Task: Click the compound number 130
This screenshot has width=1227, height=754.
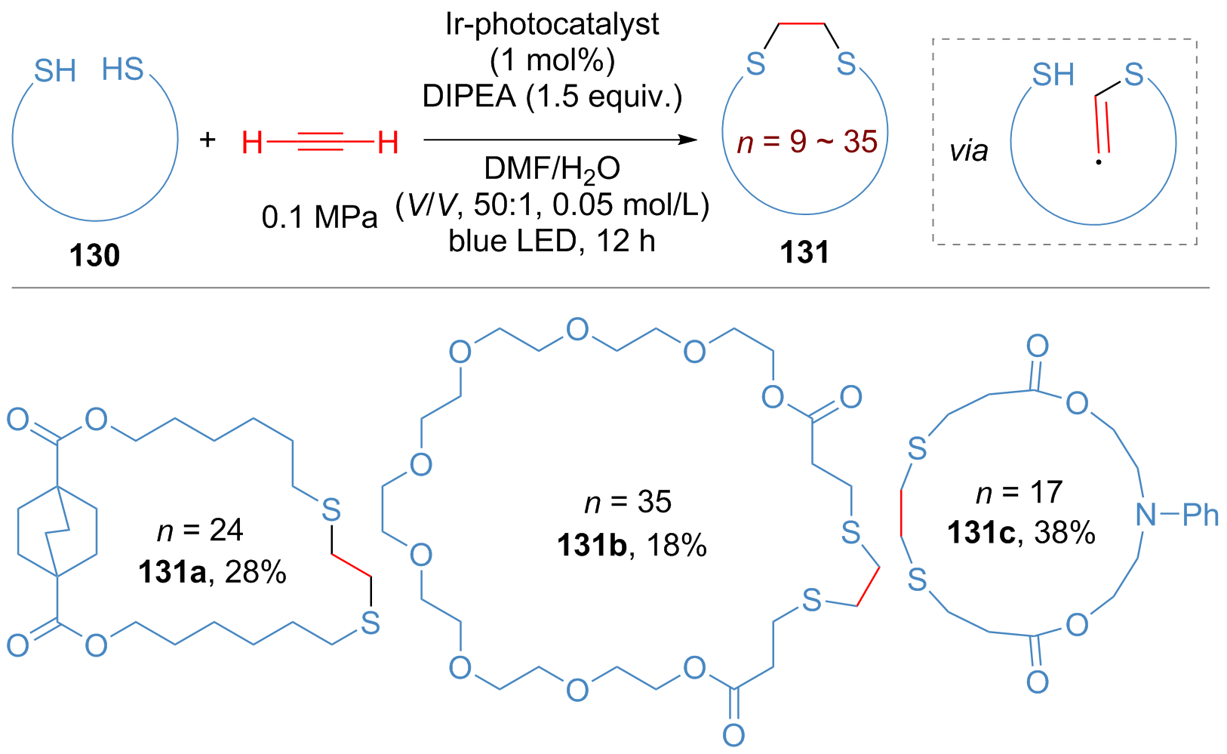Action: [x=94, y=256]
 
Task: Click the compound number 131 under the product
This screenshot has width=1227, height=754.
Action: [x=804, y=252]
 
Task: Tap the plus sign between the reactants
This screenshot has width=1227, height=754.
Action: [x=207, y=140]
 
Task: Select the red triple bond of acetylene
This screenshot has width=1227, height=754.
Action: [x=321, y=141]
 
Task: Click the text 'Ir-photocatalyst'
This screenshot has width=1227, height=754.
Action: [x=552, y=24]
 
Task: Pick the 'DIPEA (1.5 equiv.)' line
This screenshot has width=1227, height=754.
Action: [x=552, y=96]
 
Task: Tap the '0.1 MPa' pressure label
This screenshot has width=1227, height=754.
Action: [x=319, y=217]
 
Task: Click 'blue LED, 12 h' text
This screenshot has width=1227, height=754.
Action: [x=552, y=241]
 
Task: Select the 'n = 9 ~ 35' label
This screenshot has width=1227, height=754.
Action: [x=807, y=141]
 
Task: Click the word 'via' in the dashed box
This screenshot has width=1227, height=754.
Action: [x=969, y=151]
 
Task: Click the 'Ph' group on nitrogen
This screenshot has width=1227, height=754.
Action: [x=1201, y=515]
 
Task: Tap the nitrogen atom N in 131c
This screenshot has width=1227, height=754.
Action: [x=1146, y=515]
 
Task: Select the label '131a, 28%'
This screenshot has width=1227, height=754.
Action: [x=213, y=573]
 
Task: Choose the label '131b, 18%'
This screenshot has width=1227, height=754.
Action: [x=632, y=544]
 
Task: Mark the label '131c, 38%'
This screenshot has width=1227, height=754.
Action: [x=1021, y=533]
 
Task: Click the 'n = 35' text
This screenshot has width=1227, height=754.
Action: [x=628, y=502]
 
